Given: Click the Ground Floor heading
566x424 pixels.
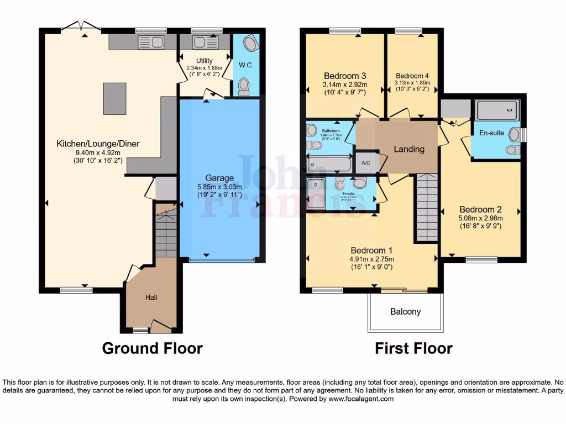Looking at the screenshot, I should point(152,348).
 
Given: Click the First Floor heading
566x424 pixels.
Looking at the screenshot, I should point(413,348).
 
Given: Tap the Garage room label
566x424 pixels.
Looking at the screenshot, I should point(219,178).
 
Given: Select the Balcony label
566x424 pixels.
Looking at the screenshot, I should point(405,311).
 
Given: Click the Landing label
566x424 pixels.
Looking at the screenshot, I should point(409,149).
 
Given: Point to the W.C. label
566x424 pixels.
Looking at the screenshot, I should point(246,65).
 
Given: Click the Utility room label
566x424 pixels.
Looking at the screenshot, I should point(204,61).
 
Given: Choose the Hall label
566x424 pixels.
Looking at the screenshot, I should point(151,298).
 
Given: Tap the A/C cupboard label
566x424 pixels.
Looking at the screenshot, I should point(365,163).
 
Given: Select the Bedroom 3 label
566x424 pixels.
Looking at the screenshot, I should point(345,76).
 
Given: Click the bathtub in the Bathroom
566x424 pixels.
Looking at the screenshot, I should point(329,164).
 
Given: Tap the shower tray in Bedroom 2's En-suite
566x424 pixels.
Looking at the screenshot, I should point(497,110).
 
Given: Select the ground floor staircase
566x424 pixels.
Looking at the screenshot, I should point(166,232).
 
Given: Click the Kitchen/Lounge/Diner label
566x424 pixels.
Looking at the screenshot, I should point(98,144).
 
